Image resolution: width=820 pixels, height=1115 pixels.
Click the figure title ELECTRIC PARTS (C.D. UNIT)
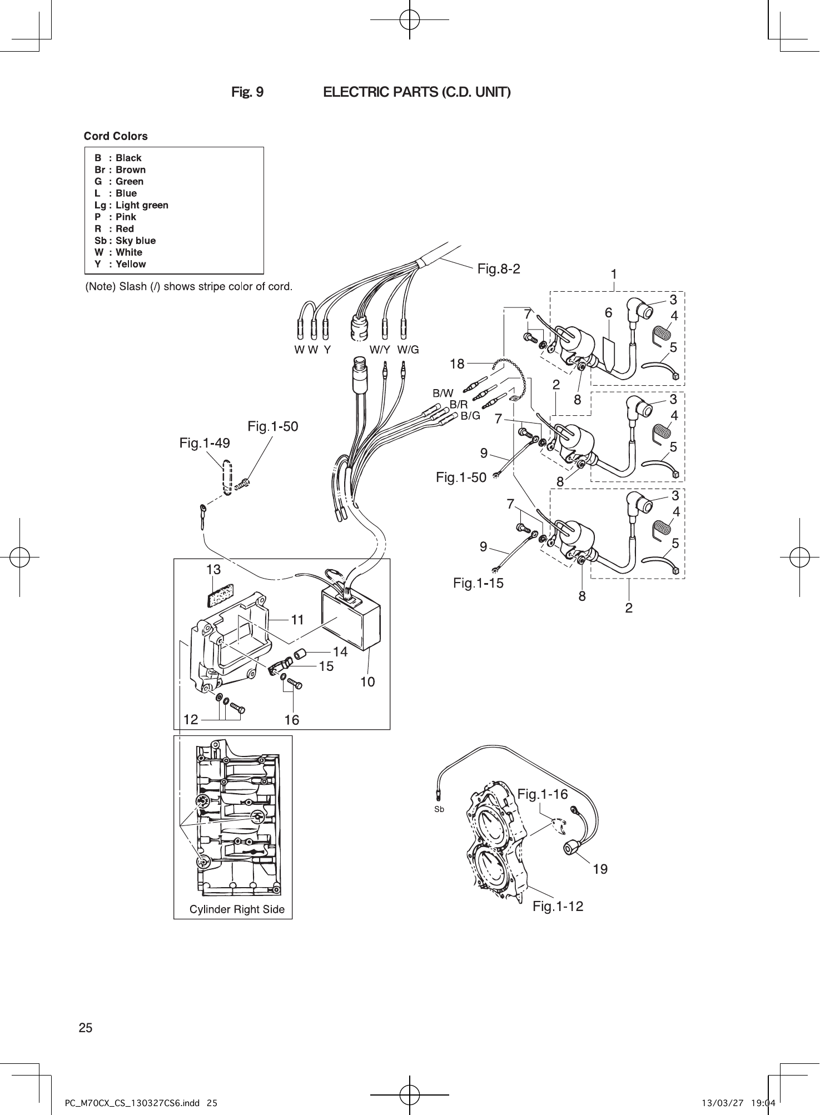tap(417, 92)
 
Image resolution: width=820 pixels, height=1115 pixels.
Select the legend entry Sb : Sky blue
tap(125, 241)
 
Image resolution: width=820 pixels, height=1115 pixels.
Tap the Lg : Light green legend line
tap(131, 205)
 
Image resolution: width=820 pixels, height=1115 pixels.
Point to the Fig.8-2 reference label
tap(499, 269)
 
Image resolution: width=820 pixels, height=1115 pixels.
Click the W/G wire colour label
tap(408, 350)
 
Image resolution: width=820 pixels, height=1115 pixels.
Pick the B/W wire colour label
tap(443, 393)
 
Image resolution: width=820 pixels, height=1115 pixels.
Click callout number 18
tap(457, 364)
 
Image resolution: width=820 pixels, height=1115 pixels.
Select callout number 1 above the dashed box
tap(614, 274)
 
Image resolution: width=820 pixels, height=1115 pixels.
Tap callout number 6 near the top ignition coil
tap(609, 313)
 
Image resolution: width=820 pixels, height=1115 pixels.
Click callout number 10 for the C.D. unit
tap(367, 681)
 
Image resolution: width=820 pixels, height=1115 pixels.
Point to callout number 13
tap(213, 570)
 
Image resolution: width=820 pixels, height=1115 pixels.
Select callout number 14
tap(340, 651)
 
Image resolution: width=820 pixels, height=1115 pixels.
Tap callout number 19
tap(600, 869)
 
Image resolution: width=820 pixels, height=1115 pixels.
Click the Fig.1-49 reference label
tap(205, 443)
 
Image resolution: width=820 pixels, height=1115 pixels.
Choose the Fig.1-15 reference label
tap(478, 583)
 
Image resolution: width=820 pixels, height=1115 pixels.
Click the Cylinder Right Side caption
tap(237, 909)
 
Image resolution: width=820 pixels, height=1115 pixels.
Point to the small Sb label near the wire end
tap(439, 810)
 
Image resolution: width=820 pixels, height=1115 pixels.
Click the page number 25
tap(86, 1028)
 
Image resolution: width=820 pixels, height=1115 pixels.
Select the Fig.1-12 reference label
tap(558, 907)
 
